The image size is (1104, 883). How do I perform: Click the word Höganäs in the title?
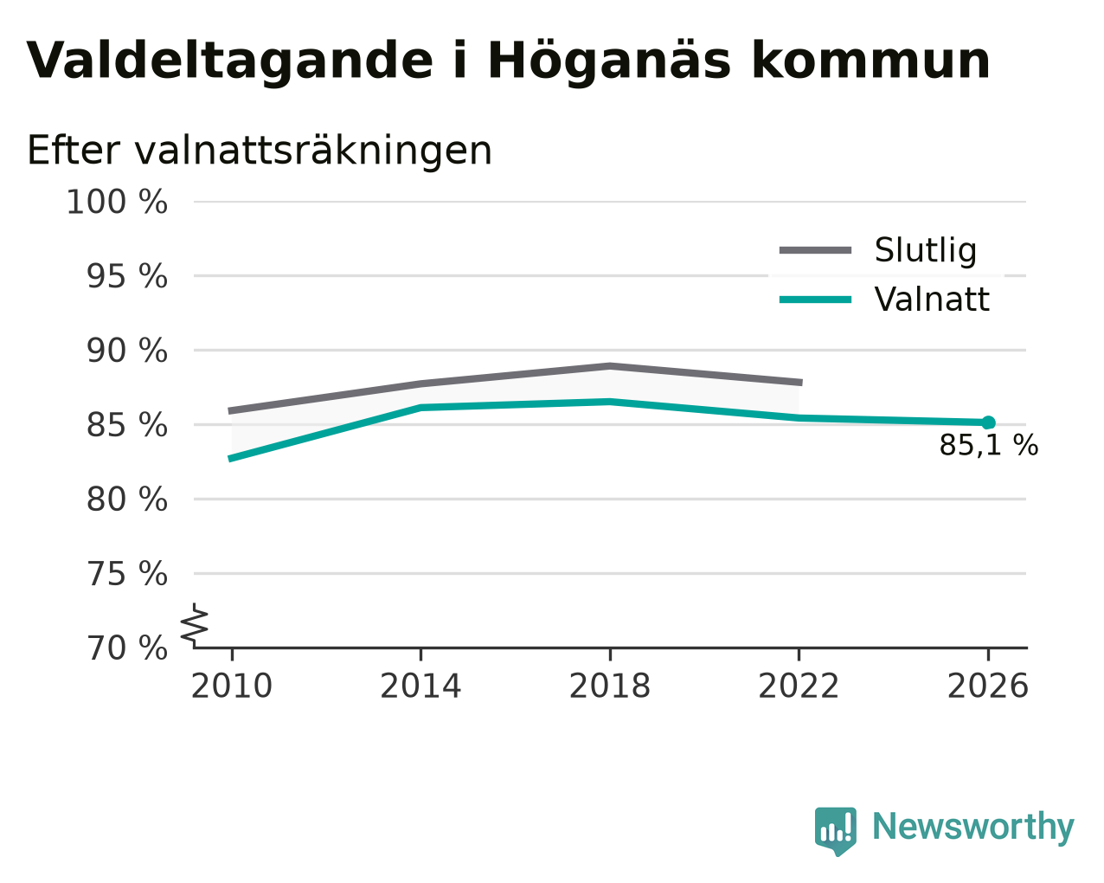(x=609, y=61)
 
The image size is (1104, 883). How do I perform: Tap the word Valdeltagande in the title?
(x=230, y=61)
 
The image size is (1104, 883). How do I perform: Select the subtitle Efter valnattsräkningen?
(x=259, y=151)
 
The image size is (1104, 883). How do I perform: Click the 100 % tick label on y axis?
(x=117, y=202)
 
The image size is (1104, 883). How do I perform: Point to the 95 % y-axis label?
(x=126, y=276)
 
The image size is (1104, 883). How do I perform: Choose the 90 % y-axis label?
(x=126, y=351)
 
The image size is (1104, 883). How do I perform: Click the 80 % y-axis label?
(x=126, y=499)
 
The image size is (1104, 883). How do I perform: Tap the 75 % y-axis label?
(x=126, y=573)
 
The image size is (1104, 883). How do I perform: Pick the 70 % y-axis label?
(x=126, y=648)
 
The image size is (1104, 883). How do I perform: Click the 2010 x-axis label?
(x=231, y=686)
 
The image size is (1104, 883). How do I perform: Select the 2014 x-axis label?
(x=420, y=686)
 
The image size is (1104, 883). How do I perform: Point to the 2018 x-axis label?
(x=610, y=686)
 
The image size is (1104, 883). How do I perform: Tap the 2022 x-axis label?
(x=799, y=686)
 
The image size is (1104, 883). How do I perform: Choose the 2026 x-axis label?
(x=988, y=686)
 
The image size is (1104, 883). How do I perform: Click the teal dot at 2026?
(x=988, y=422)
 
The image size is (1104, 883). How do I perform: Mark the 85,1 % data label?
(x=989, y=445)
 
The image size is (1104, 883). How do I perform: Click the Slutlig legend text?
(x=926, y=251)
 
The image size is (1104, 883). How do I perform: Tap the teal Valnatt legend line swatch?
(x=815, y=300)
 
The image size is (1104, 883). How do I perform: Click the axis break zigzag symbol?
(x=195, y=625)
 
